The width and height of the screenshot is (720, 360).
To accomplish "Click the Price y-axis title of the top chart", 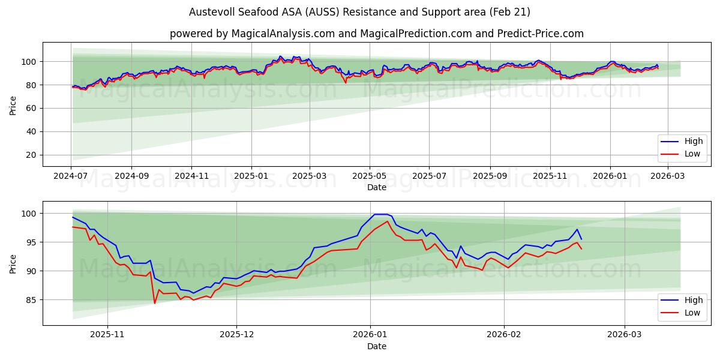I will pyautogui.click(x=13, y=104).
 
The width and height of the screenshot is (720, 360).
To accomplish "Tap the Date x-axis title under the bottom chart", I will pyautogui.click(x=376, y=346).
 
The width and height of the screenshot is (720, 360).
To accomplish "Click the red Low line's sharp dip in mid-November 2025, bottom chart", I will pyautogui.click(x=154, y=303).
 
